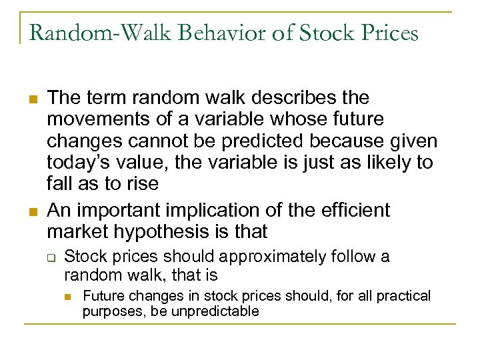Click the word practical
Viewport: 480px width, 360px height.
coord(401,295)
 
